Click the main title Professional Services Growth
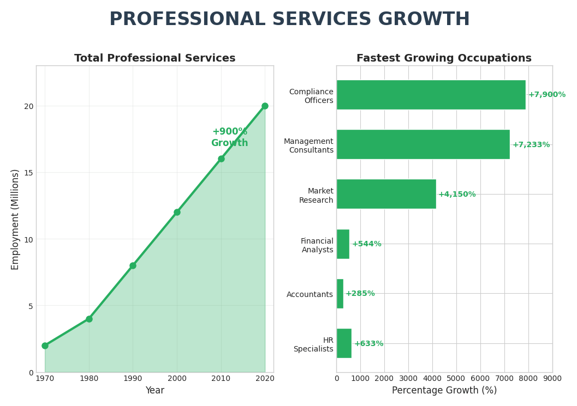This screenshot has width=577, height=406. tap(289, 20)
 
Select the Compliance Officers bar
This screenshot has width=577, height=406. tap(431, 95)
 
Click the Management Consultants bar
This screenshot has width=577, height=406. tap(423, 144)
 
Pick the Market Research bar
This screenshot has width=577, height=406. tap(386, 194)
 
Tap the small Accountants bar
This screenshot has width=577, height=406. tap(340, 294)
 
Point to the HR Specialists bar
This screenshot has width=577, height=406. tap(344, 343)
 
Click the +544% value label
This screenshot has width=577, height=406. tap(366, 244)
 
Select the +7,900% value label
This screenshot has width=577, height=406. tap(546, 95)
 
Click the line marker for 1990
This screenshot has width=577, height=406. tap(133, 265)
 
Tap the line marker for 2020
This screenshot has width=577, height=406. tap(265, 106)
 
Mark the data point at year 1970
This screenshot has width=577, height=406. tap(45, 346)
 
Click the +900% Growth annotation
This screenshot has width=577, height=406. tap(229, 137)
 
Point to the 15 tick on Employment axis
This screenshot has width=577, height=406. tap(28, 173)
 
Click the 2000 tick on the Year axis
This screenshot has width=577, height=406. tap(177, 378)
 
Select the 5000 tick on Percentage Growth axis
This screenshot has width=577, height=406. tap(456, 378)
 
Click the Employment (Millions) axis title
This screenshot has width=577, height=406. tap(15, 219)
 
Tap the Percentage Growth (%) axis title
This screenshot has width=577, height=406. tap(444, 391)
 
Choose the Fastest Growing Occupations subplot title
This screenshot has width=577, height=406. tap(444, 58)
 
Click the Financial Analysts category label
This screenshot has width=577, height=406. tap(317, 246)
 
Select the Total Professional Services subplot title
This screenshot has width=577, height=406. tap(155, 58)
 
